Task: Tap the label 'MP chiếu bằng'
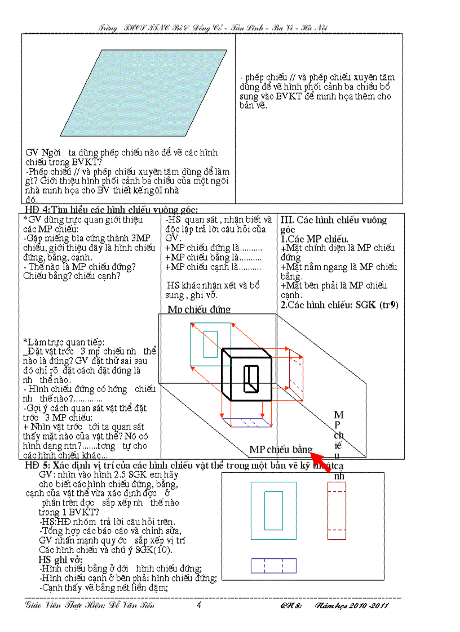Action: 280,450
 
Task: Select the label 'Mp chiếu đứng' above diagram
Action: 199,309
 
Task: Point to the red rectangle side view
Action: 337,510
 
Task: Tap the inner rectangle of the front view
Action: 273,510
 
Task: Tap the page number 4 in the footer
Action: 198,606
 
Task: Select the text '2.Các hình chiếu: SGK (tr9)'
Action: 339,305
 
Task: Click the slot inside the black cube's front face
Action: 250,378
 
